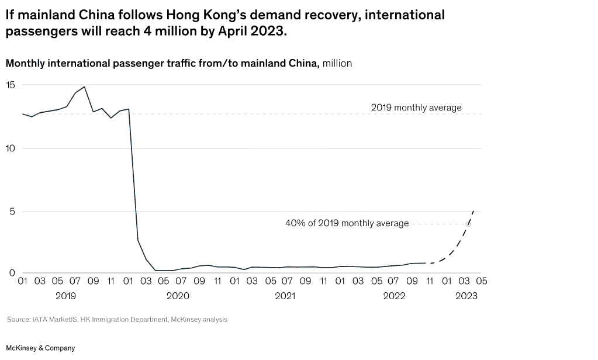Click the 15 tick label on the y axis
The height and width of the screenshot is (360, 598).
[x=11, y=85]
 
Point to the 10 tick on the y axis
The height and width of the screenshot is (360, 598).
[x=11, y=148]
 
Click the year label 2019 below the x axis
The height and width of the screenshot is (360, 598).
[x=65, y=296]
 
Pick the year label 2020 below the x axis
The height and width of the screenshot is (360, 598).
[x=178, y=296]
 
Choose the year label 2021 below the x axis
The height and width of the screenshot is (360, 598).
[x=285, y=296]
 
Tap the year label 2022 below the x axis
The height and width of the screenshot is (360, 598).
[x=394, y=296]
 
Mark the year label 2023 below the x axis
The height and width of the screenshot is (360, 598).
[x=466, y=296]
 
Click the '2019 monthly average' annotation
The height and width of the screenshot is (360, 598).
[x=416, y=108]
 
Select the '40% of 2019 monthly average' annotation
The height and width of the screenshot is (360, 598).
[x=347, y=223]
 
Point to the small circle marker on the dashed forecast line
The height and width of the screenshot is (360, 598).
[x=469, y=224]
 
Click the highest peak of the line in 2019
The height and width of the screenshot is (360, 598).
[x=85, y=87]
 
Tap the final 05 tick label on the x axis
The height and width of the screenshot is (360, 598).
[x=482, y=281]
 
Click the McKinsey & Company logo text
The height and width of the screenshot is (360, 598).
[x=40, y=348]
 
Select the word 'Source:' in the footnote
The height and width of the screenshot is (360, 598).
[x=18, y=320]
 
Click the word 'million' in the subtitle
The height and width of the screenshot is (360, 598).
[x=337, y=64]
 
